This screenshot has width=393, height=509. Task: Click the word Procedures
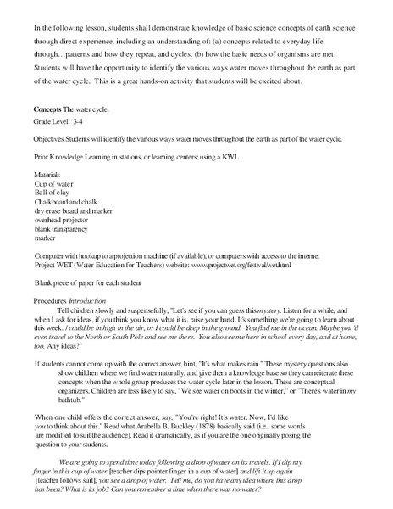pos(50,300)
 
